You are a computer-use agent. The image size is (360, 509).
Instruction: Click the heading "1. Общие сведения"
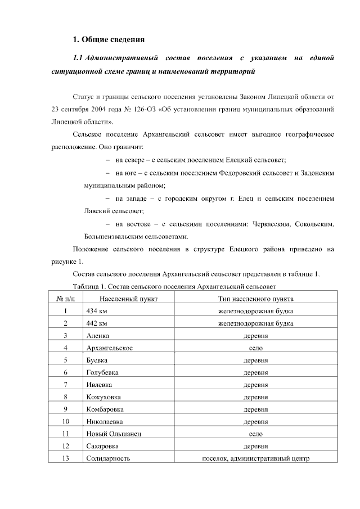tap(109, 39)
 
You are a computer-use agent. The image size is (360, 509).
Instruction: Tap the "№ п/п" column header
tap(65, 299)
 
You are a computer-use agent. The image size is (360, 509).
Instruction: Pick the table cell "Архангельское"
tap(110, 348)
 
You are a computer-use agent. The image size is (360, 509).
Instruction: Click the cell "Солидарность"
tap(108, 458)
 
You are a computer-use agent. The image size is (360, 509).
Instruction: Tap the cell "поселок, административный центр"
tap(255, 458)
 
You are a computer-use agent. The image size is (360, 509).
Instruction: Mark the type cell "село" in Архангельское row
tap(255, 348)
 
